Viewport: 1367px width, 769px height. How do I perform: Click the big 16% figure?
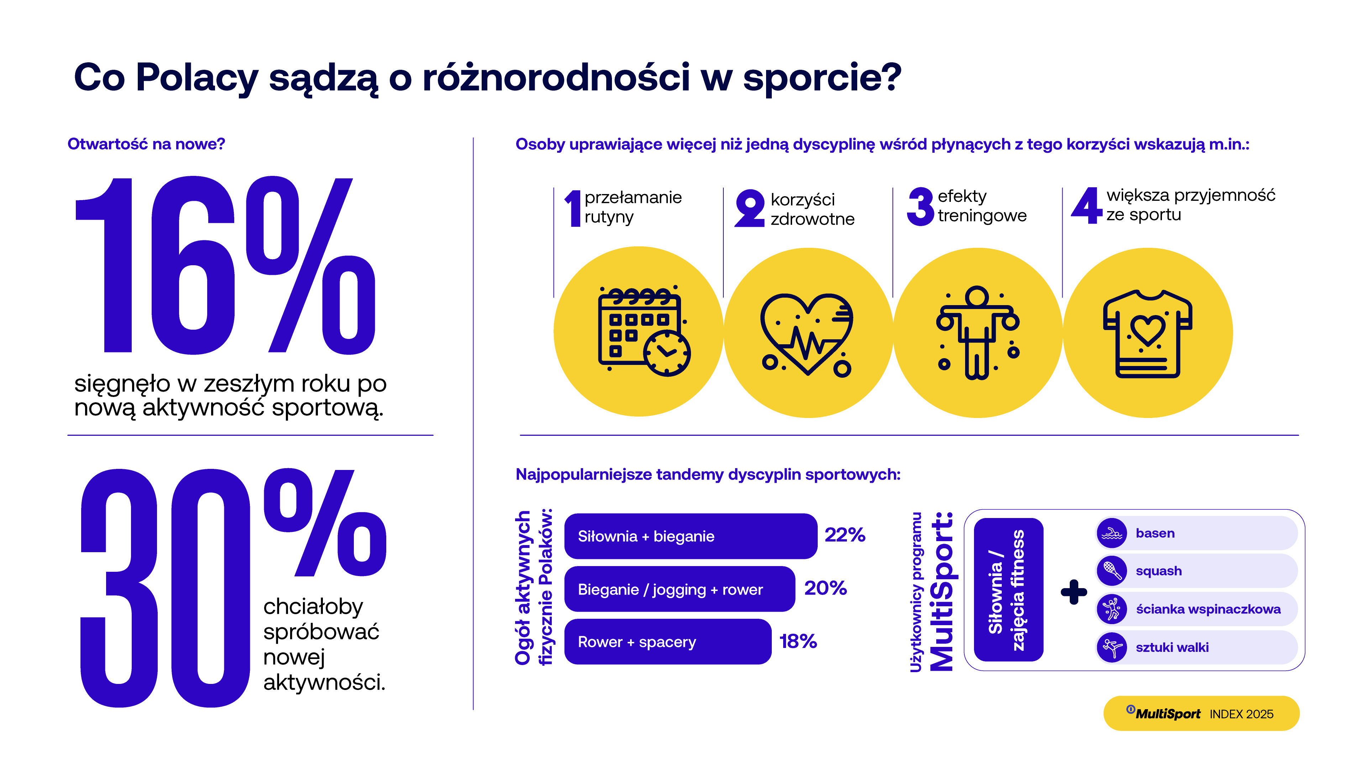226,265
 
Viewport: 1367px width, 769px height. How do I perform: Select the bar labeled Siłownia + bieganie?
690,536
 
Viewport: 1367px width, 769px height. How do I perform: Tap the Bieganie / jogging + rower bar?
679,589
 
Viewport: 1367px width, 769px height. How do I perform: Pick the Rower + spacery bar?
667,642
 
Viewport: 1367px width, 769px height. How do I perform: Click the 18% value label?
797,641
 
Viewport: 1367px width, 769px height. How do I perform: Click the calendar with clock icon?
644,331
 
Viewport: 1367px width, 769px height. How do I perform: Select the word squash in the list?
1158,571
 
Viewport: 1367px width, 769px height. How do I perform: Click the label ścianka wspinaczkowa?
1208,609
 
